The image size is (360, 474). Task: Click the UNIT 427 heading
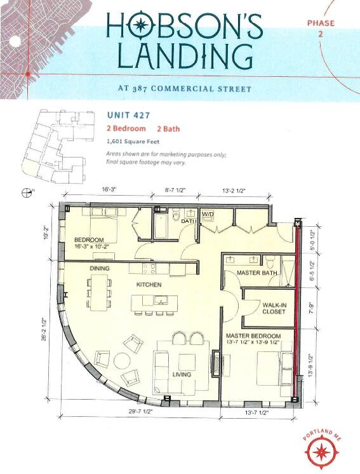pos(129,115)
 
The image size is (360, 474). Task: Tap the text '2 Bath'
pos(168,129)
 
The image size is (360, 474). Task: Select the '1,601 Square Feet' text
pos(133,142)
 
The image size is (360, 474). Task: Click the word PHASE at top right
pos(321,23)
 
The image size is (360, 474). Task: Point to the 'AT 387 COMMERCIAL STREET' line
pos(185,88)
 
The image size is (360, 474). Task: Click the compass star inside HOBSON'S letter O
pos(140,25)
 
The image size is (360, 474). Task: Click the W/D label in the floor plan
pos(208,214)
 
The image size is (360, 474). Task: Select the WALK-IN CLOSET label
pos(274,308)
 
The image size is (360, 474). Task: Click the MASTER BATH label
pos(257,273)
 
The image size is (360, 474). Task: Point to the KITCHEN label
pos(149,285)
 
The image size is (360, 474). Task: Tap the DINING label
pos(100,268)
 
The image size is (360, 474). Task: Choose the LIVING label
pos(182,374)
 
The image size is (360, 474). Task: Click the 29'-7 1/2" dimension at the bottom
pos(140,412)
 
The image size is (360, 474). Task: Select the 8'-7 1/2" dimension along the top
pos(175,190)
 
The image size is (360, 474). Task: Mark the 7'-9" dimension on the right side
pos(312,308)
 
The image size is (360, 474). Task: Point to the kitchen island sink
pos(161,301)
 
